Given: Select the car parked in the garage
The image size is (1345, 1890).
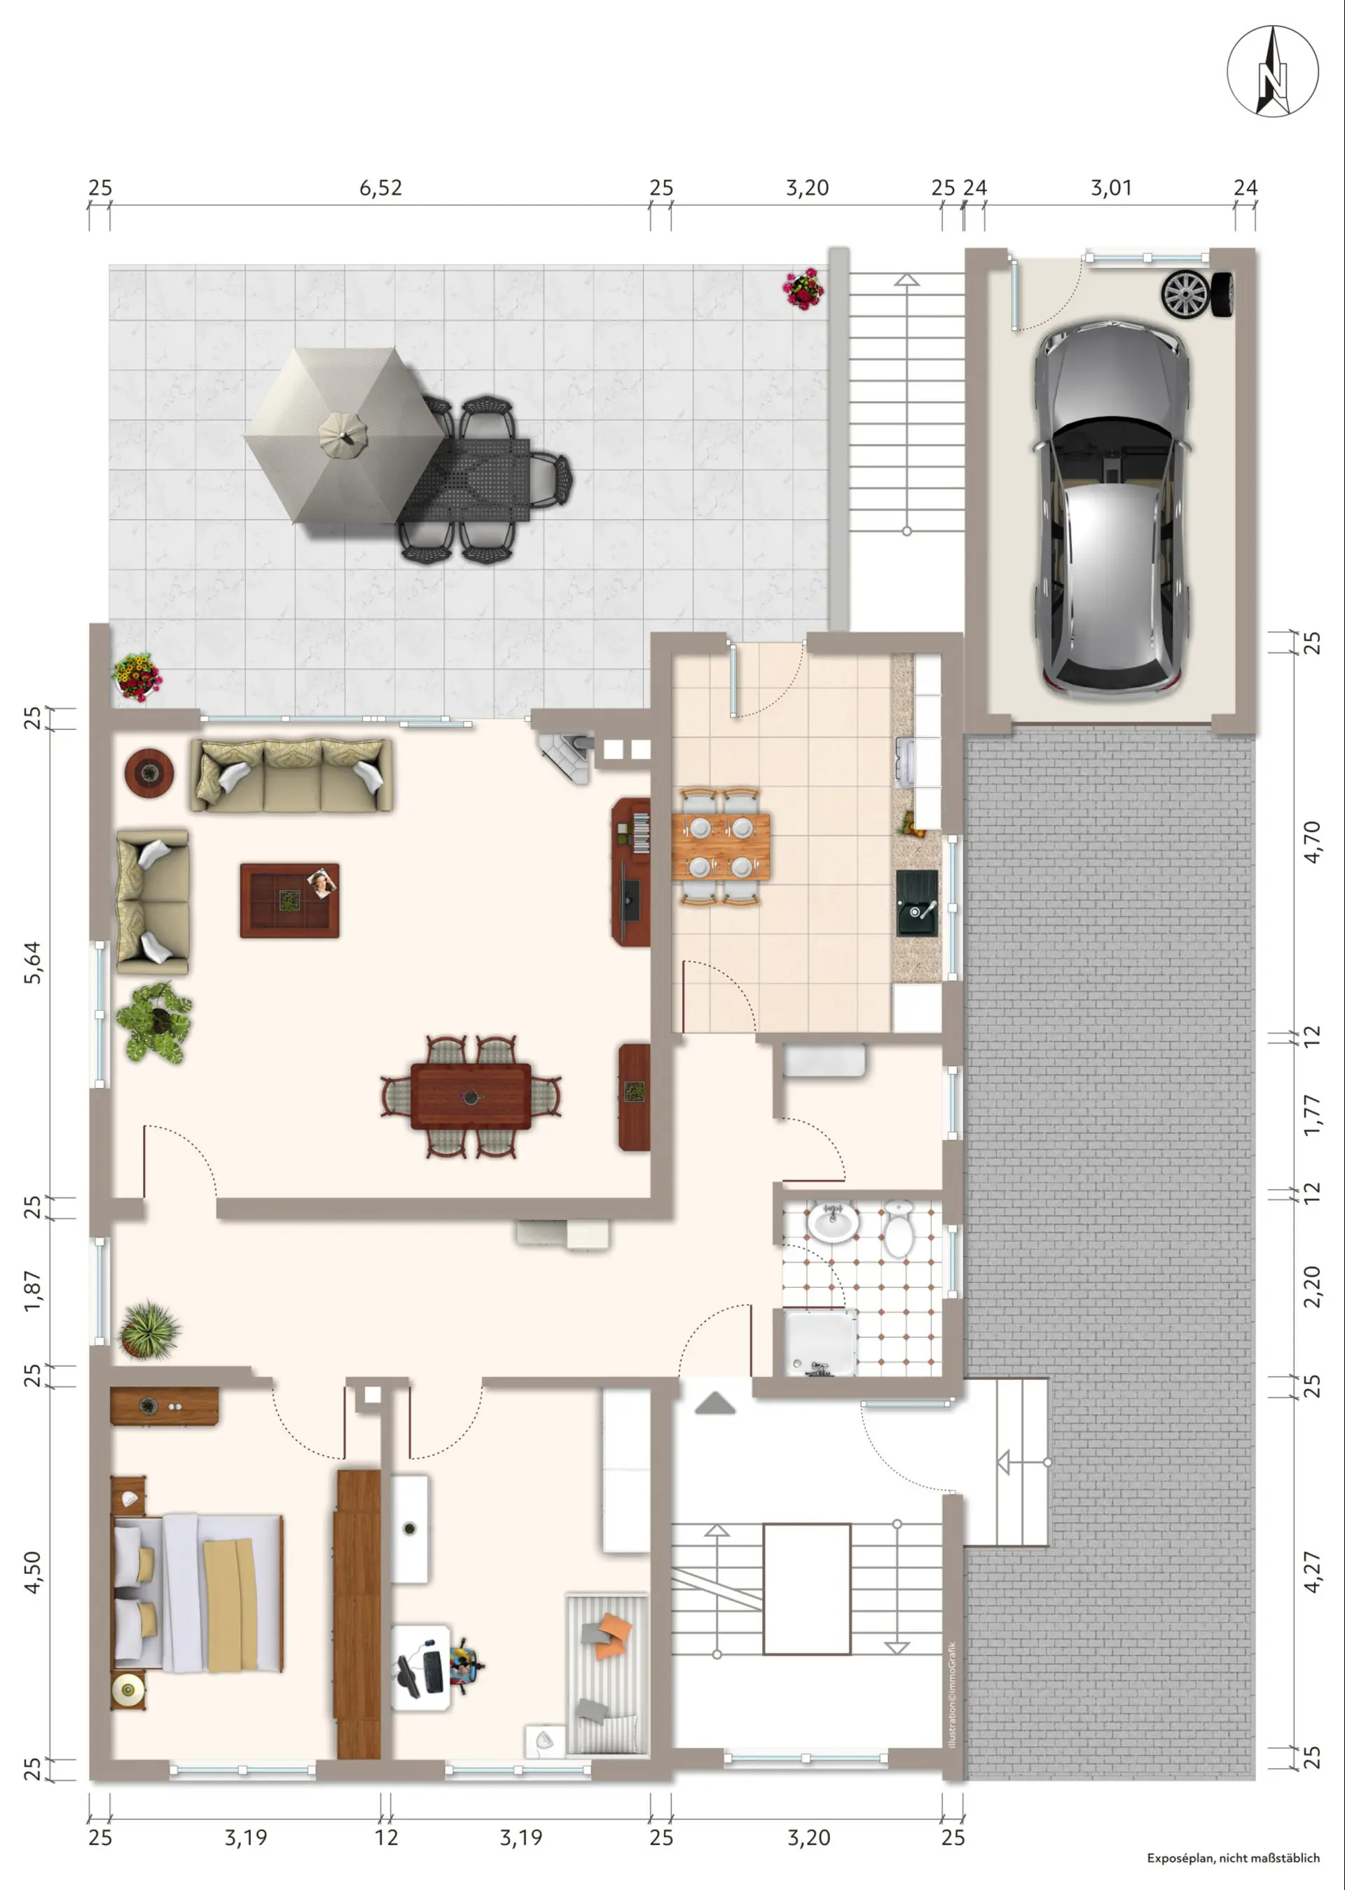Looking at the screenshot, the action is tap(1110, 507).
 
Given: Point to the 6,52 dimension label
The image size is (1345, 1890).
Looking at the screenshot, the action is tap(380, 188).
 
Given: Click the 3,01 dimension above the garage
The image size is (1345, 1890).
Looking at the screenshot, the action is tap(1110, 188).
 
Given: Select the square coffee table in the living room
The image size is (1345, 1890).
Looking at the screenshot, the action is tap(290, 901).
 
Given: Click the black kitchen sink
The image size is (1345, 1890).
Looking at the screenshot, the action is tap(917, 902).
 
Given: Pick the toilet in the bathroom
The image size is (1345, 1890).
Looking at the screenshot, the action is tap(898, 1229).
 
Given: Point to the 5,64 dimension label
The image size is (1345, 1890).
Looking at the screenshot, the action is tap(32, 963).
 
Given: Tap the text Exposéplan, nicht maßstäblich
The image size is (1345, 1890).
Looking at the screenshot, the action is tap(1233, 1858).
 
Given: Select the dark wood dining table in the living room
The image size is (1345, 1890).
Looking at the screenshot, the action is tap(471, 1096).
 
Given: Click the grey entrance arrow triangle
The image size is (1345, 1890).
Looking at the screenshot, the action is tap(715, 1403).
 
